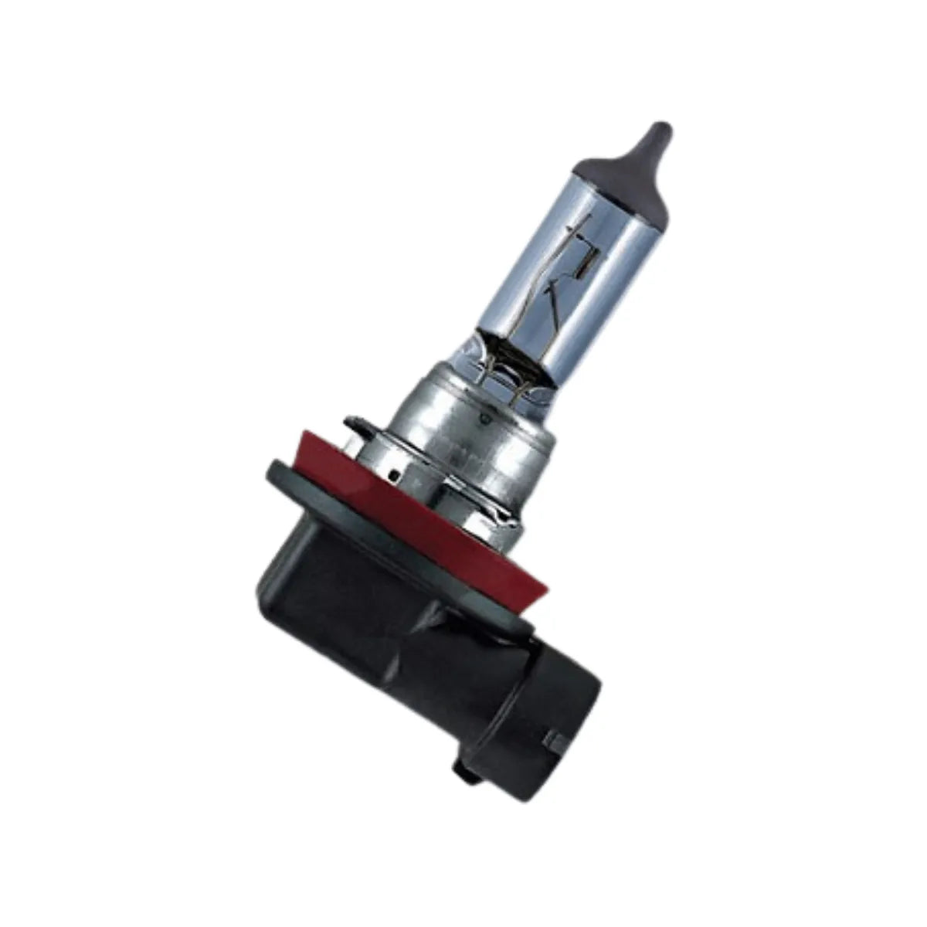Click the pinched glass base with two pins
[506, 363]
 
